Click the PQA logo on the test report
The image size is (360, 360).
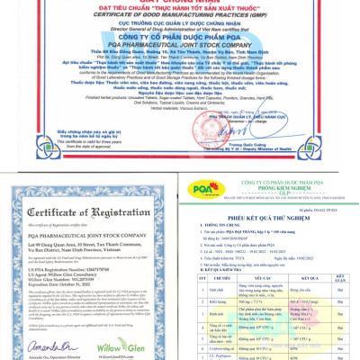click(196, 192)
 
